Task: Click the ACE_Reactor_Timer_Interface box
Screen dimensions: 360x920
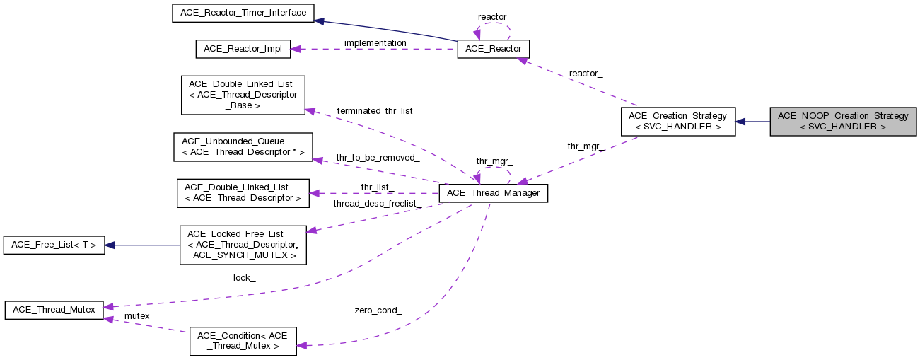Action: click(x=243, y=13)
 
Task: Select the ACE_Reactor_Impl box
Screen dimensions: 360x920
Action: click(x=243, y=49)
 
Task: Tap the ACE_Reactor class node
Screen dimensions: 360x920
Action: click(x=493, y=49)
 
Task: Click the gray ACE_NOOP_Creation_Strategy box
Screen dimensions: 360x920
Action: click(x=843, y=122)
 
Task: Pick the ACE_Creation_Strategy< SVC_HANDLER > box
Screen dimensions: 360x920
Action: click(x=678, y=122)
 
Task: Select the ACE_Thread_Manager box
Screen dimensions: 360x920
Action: click(x=494, y=193)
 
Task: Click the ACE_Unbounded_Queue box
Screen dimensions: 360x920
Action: click(x=243, y=147)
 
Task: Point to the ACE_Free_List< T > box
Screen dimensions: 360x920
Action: click(x=54, y=245)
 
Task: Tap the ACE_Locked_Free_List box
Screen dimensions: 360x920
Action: click(x=243, y=245)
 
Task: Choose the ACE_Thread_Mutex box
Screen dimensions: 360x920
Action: click(x=54, y=310)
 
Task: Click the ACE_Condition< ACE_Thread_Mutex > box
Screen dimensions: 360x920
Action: click(x=243, y=341)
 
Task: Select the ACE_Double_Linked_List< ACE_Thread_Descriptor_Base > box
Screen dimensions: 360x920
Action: click(x=243, y=95)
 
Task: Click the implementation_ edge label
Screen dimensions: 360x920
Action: click(x=378, y=43)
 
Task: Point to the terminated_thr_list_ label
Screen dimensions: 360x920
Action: click(x=378, y=111)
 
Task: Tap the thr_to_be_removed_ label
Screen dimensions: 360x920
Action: click(x=378, y=157)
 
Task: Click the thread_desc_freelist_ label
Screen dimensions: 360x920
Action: click(x=378, y=204)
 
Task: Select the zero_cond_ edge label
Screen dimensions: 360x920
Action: click(x=378, y=310)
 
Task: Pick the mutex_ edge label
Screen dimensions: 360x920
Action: click(x=139, y=315)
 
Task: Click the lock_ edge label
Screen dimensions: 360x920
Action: click(x=244, y=278)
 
